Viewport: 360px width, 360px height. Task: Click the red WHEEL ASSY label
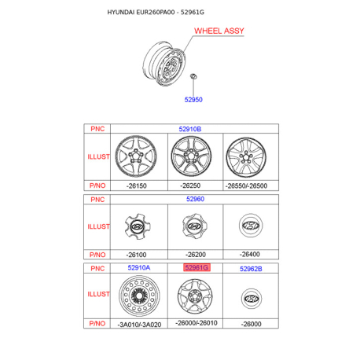[219, 31]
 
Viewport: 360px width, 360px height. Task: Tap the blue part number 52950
[193, 100]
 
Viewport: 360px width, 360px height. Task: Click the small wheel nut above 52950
[193, 76]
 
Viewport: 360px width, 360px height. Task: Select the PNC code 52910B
[190, 129]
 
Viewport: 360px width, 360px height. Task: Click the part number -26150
[137, 186]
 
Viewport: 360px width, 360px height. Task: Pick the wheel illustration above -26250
[191, 156]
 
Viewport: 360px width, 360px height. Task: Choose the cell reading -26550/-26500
[246, 186]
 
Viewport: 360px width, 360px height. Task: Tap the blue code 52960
[195, 199]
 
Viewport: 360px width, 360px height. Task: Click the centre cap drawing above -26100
[138, 226]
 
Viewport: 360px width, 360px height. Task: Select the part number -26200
[196, 255]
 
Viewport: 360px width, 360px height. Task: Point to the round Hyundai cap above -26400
[251, 226]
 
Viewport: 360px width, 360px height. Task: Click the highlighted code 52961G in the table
[197, 267]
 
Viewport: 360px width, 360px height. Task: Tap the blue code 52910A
[139, 267]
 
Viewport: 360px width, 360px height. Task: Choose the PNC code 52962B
[251, 269]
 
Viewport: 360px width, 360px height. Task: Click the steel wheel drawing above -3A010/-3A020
[139, 296]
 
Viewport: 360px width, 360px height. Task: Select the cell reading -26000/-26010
[197, 323]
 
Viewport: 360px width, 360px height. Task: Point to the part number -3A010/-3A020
[139, 325]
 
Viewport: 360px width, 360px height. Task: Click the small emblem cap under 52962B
[251, 299]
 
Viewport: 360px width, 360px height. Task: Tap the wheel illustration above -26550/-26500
[246, 157]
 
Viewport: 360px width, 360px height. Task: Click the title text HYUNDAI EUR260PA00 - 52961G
[156, 13]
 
